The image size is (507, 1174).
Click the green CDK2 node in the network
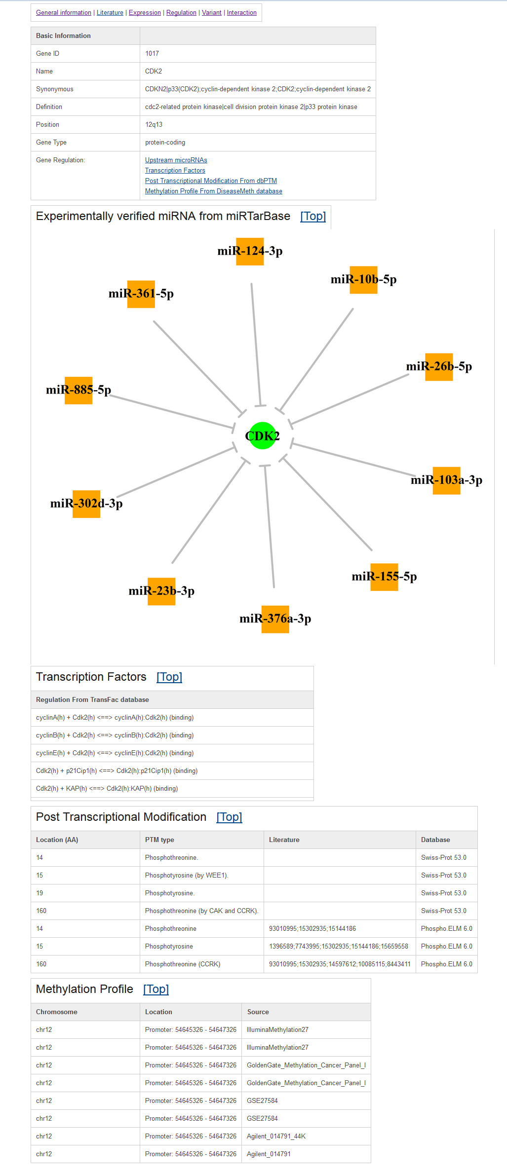[262, 436]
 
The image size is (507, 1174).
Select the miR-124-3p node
[250, 252]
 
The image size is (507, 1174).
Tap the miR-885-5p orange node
[78, 390]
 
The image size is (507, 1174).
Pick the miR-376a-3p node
[275, 619]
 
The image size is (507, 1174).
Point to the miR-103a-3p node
[447, 480]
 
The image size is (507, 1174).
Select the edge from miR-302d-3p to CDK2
[176, 472]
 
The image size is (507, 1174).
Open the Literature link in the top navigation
[110, 13]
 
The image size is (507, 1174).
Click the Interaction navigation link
[242, 13]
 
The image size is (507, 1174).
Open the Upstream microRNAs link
[176, 160]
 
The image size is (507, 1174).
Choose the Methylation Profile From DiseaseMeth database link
[214, 191]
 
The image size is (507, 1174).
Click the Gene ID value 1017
[152, 54]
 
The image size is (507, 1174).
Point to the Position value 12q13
[154, 125]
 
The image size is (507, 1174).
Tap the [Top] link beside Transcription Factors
[169, 677]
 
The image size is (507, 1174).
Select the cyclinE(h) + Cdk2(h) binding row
[115, 753]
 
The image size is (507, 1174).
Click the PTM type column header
[159, 840]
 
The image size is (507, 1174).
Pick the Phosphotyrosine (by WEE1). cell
[187, 876]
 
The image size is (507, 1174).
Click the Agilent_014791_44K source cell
[276, 1137]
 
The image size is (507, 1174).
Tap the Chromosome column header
[57, 1012]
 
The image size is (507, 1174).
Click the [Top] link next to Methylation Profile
[156, 989]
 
